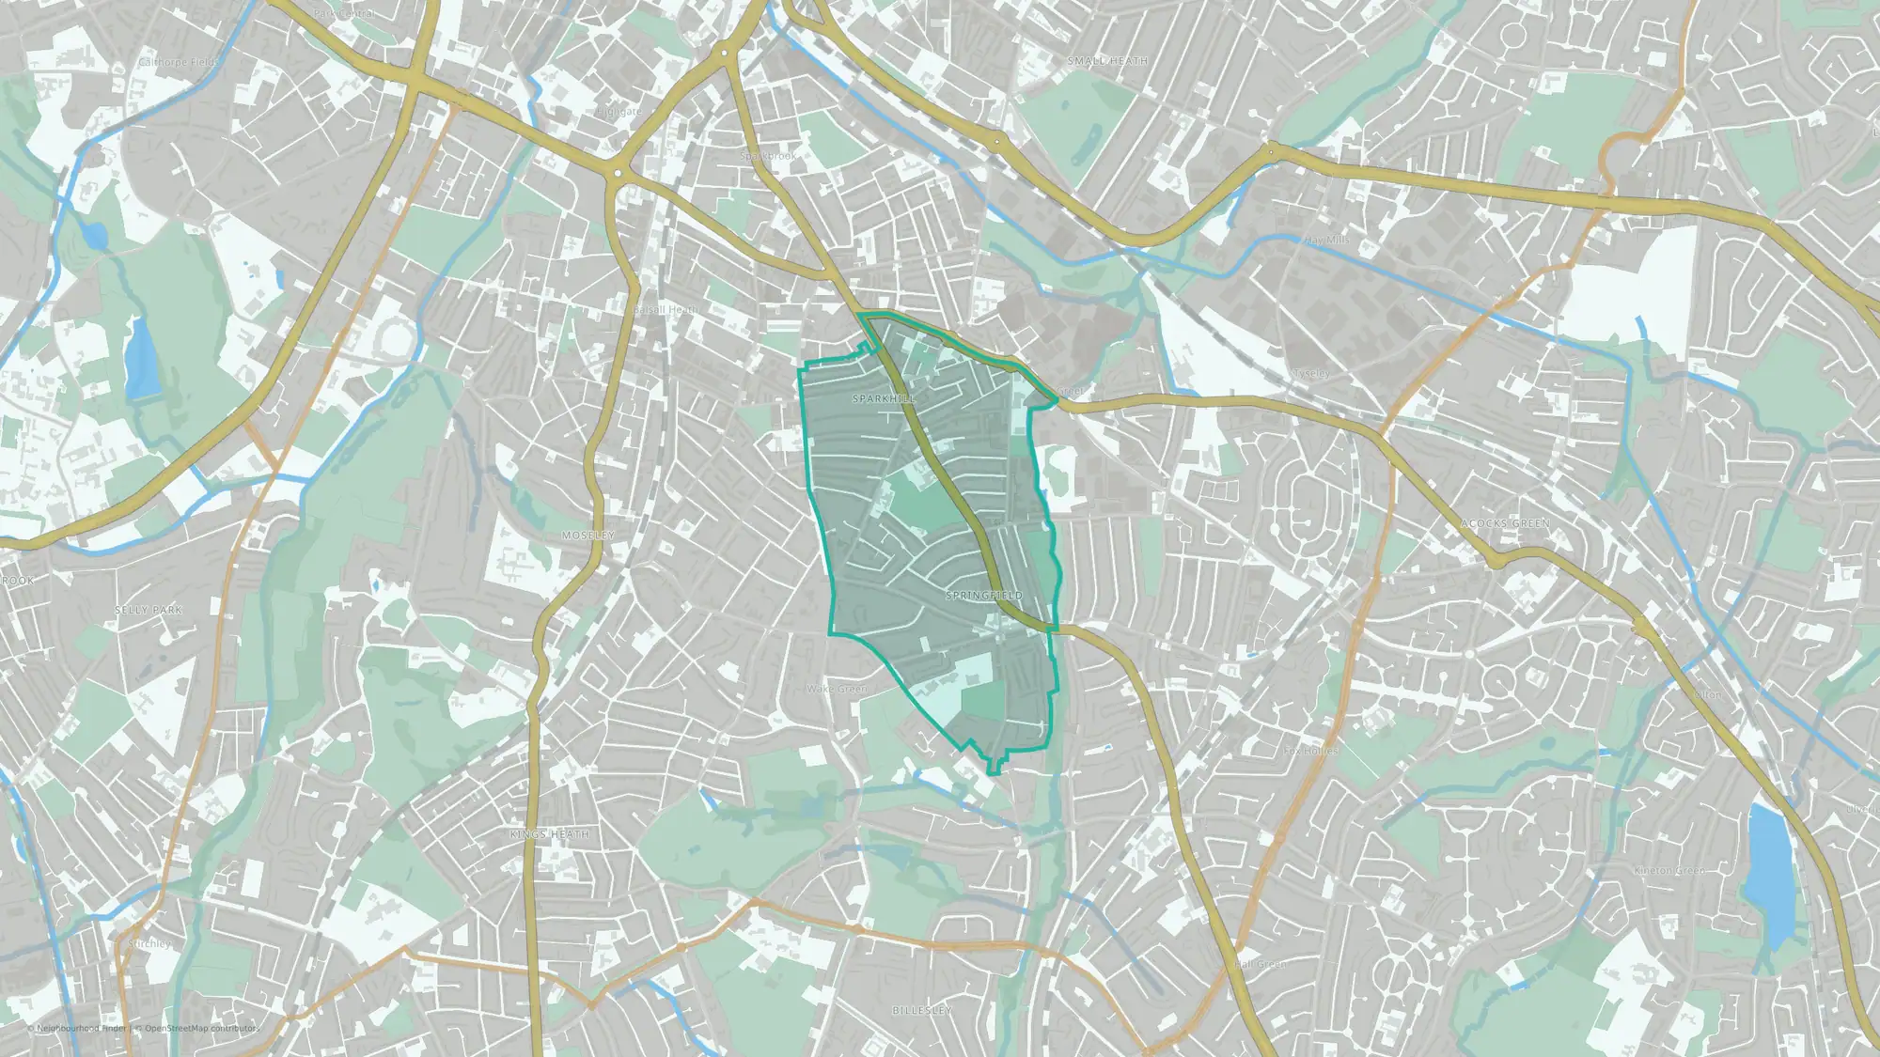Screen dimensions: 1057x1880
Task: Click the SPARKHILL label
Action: [883, 398]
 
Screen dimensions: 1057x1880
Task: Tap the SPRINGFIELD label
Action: [983, 596]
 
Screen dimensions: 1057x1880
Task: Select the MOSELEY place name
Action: [588, 536]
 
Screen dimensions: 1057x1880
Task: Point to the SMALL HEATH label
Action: [1107, 61]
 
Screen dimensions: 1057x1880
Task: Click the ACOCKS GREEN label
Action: [1505, 523]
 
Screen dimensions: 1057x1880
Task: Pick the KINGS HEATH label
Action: [550, 834]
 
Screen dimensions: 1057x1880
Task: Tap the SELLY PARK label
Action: [149, 611]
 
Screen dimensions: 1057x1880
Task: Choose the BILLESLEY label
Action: [921, 1010]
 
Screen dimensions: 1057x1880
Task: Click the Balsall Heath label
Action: [666, 309]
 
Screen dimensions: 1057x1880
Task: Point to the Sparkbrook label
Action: [768, 156]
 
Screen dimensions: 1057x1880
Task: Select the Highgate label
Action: [619, 112]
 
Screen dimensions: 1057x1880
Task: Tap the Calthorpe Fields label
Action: [178, 63]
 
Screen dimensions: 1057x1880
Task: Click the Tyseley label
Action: [1311, 374]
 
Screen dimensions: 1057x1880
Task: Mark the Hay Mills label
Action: [1326, 241]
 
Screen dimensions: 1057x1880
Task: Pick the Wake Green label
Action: [837, 689]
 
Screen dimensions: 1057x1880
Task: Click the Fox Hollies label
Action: [1310, 751]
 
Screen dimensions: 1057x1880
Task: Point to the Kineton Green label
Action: [1668, 871]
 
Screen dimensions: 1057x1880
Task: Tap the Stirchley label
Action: [149, 943]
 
